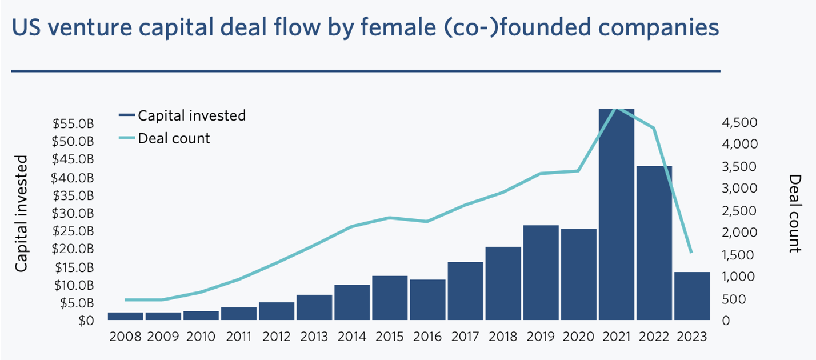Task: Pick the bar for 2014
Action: pos(352,302)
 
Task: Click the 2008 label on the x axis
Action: pos(126,336)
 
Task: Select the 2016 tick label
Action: pos(427,336)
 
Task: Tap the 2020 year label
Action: pos(579,336)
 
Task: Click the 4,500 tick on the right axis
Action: pos(739,122)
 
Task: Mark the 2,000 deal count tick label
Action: pos(739,233)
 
